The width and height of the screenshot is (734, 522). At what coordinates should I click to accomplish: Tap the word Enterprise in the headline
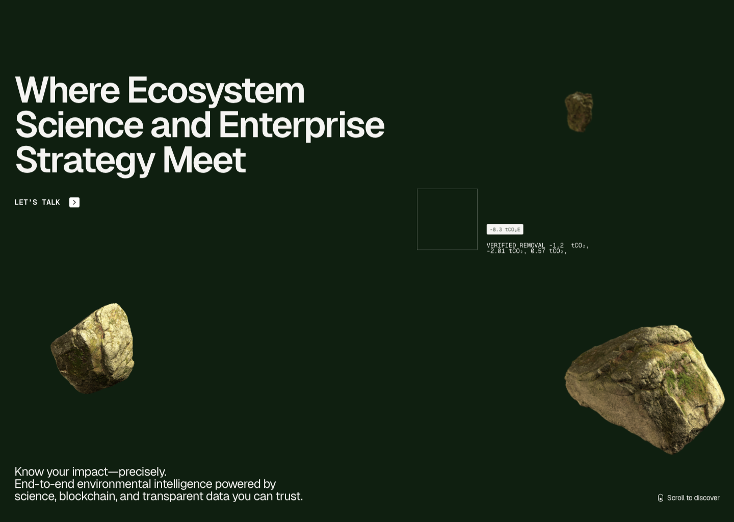301,126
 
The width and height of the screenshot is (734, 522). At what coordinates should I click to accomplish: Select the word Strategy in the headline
85,161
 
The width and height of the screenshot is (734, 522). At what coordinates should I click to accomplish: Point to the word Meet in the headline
204,160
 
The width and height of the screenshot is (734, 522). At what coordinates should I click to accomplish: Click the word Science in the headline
80,125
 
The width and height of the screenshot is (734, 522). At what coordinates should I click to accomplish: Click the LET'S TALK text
37,202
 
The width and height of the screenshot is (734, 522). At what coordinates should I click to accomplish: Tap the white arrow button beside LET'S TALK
74,202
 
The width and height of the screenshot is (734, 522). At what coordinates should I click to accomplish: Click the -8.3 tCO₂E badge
505,229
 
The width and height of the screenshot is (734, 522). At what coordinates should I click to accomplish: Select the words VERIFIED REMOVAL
516,245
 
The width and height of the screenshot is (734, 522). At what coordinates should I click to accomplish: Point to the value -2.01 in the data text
496,251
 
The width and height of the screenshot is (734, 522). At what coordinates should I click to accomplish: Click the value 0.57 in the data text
538,251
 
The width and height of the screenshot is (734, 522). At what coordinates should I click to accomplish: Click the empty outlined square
417,219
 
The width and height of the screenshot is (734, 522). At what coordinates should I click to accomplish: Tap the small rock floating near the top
579,112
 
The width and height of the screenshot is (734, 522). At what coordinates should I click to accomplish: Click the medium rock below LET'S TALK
93,348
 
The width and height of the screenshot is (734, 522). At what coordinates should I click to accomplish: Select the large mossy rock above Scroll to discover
645,389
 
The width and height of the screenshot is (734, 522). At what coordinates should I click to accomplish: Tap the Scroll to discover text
693,498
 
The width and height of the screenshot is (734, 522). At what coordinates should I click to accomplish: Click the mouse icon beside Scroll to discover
661,498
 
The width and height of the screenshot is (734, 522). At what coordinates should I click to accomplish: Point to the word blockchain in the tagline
88,496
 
